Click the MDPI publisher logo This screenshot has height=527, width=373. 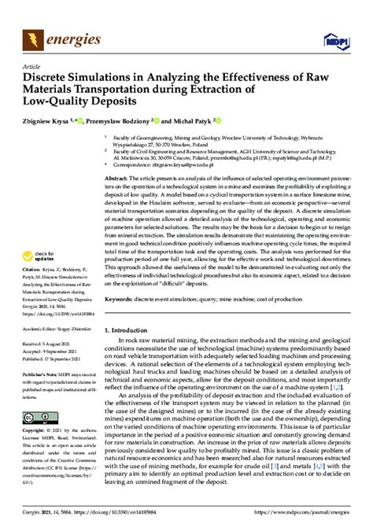pyautogui.click(x=334, y=39)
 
